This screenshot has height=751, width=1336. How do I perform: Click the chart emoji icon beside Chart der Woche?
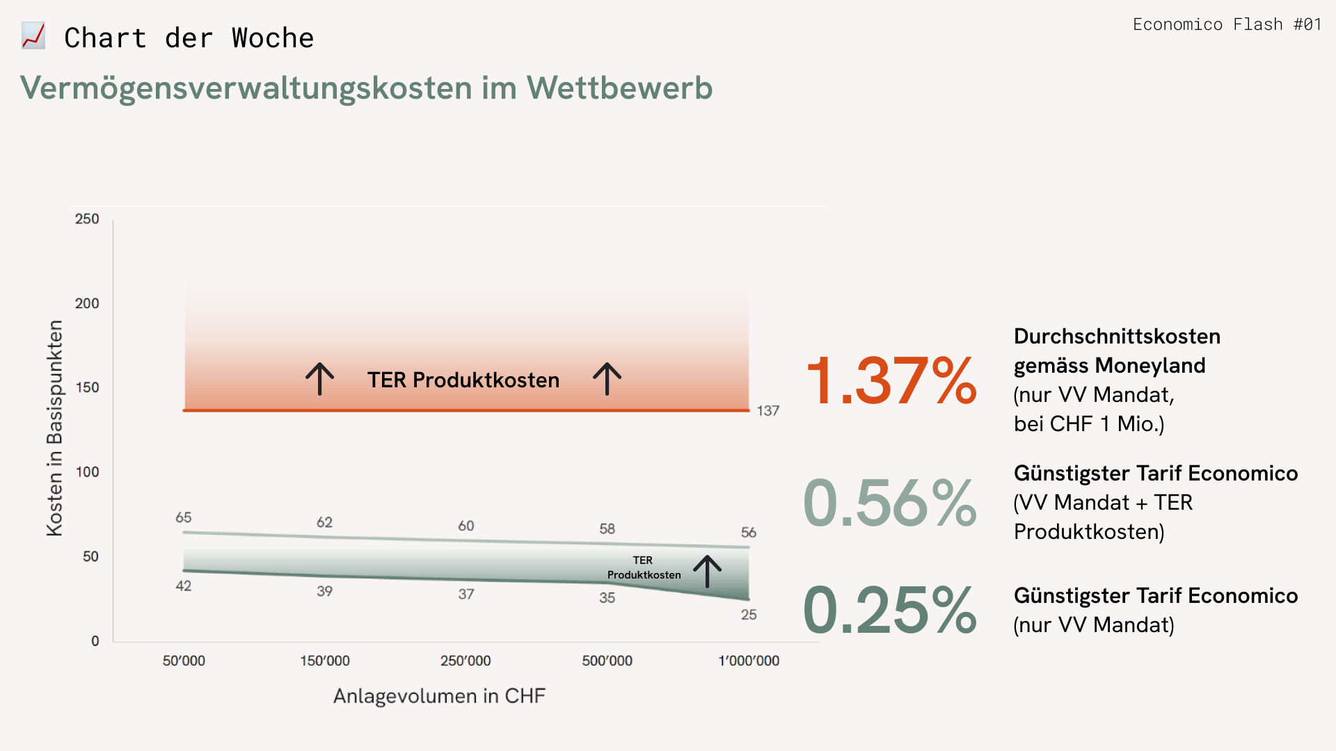33,36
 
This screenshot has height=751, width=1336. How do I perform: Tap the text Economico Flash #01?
1227,25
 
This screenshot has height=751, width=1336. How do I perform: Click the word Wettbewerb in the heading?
619,88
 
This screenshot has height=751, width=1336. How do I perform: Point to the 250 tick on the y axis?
87,219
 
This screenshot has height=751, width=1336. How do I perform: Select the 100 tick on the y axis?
87,472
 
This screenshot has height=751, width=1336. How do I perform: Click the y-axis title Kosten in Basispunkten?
54,428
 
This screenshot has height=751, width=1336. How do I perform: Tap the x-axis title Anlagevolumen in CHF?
439,696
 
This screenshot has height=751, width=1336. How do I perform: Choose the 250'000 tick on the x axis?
466,661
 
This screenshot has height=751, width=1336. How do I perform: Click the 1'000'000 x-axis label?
749,661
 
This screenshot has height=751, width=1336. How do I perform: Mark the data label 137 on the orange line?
768,411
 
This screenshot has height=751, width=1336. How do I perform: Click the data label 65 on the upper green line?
183,517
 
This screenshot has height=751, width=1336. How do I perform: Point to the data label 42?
183,586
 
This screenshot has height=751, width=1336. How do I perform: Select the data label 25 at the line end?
749,615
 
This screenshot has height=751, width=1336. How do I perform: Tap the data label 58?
607,529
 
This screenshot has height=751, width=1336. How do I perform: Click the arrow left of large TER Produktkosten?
320,379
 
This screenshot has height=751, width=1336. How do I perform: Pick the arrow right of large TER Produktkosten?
607,379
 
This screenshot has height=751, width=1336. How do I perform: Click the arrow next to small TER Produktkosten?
707,572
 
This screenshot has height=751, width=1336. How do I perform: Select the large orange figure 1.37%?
891,380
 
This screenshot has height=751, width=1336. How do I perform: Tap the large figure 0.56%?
890,503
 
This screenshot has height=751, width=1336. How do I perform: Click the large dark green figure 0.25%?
890,610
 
